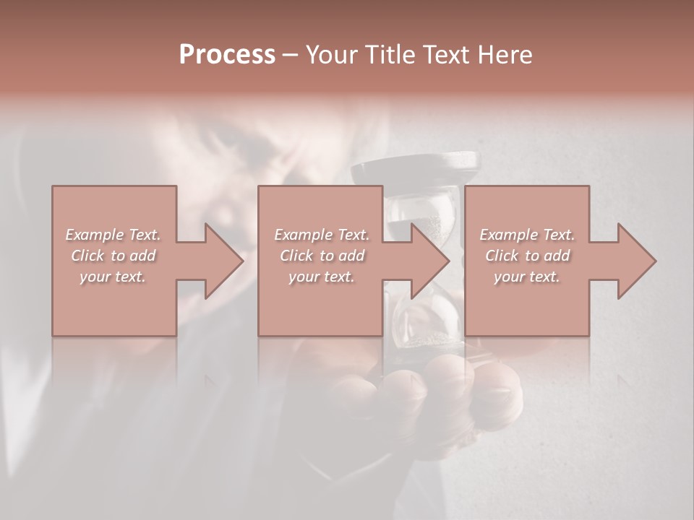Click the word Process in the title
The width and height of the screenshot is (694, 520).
(x=227, y=55)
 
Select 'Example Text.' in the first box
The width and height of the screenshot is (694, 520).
(x=113, y=235)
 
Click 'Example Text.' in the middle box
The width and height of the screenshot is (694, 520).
(x=321, y=235)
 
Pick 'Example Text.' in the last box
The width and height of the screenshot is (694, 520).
(x=527, y=235)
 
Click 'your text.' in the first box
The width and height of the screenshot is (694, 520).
(x=113, y=277)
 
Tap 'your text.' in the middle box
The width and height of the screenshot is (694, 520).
(x=321, y=277)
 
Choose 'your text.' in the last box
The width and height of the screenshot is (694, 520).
(x=527, y=277)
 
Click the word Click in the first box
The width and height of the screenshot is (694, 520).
(x=87, y=256)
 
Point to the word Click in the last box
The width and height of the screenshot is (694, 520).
(x=502, y=256)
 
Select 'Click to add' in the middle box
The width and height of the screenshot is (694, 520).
(x=321, y=256)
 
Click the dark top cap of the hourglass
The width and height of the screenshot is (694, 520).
(x=415, y=170)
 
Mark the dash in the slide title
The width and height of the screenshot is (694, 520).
(x=291, y=55)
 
